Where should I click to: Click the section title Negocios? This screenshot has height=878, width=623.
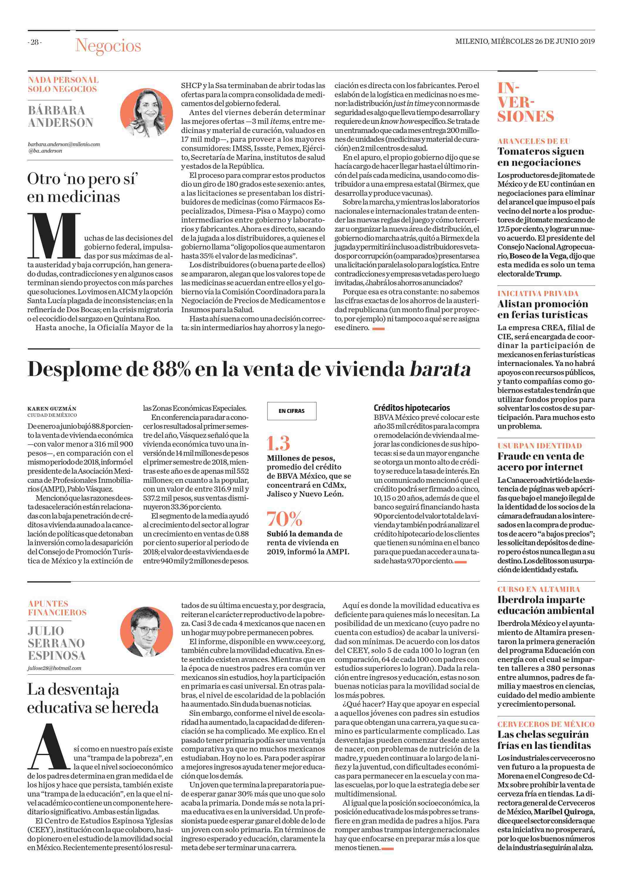pos(108,46)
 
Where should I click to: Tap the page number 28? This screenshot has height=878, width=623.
pos(35,43)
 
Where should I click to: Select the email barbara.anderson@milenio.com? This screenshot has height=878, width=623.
pos(64,144)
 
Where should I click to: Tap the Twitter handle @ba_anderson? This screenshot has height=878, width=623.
pos(45,151)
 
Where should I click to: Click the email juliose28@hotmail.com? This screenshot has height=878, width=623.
pos(54,668)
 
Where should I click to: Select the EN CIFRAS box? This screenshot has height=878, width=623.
pos(291,411)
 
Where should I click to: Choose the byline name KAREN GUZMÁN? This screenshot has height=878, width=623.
pos(52,409)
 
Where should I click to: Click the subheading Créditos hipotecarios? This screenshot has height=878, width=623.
pos(412,408)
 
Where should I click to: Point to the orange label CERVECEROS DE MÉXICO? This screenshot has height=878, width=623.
pos(546,724)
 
